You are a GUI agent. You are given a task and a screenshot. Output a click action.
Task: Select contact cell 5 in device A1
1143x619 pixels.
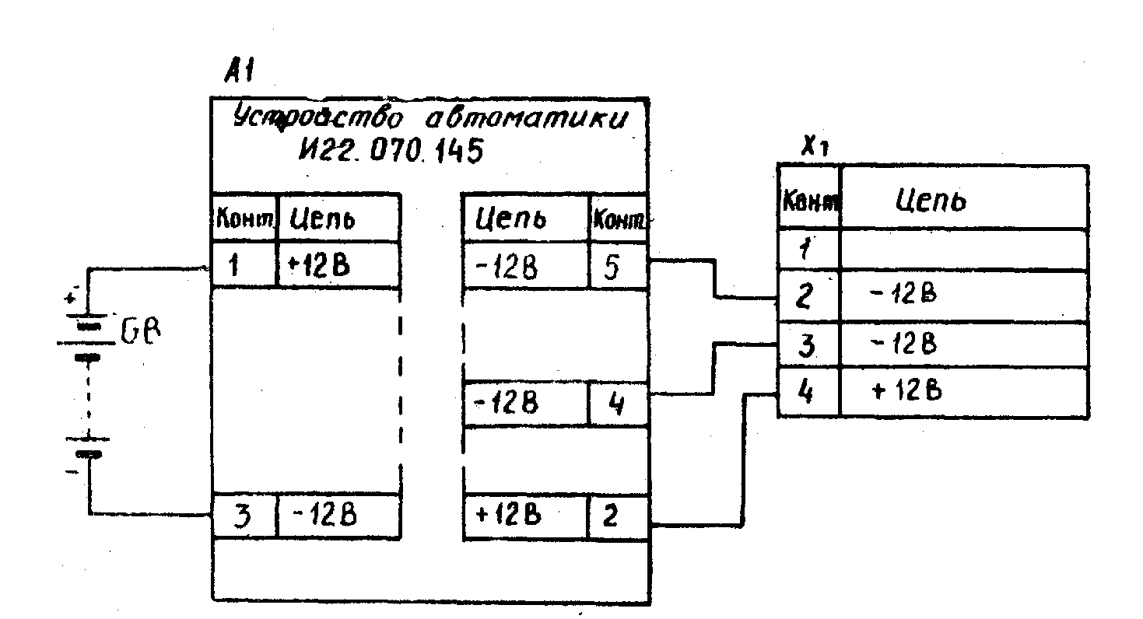617,266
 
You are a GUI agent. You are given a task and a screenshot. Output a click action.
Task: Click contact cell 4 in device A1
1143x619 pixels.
617,405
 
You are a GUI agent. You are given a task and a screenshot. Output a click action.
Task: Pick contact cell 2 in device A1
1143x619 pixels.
617,516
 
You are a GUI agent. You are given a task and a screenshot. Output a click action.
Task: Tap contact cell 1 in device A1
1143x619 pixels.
244,266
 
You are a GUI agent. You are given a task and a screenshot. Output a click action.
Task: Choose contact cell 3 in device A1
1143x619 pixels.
244,516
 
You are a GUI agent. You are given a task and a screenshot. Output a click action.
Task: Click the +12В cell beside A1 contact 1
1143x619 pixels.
338,266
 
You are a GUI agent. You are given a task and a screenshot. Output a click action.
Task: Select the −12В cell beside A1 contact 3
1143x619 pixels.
338,516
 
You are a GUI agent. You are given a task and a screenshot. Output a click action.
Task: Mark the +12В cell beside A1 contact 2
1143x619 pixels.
525,516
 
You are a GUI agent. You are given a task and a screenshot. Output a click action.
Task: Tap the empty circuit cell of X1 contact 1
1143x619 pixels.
963,250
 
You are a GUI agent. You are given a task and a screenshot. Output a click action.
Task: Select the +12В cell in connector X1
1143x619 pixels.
963,392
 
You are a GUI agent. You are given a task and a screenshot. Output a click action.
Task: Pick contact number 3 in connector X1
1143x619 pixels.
808,344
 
